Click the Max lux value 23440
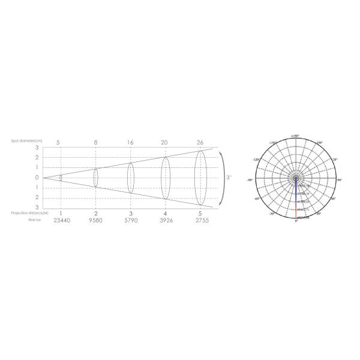(x=62, y=221)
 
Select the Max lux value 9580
(x=96, y=221)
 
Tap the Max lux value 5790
(x=131, y=221)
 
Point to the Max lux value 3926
(x=165, y=221)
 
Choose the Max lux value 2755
(x=200, y=221)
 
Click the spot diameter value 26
(x=200, y=142)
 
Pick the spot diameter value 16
(x=131, y=142)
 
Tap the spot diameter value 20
(x=165, y=142)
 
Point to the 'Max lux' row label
(x=35, y=220)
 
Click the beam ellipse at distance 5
(x=200, y=177)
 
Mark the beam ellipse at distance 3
(x=131, y=177)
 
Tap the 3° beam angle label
(x=229, y=178)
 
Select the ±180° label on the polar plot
(x=296, y=137)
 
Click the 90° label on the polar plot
(x=340, y=179)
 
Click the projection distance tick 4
(x=165, y=214)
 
